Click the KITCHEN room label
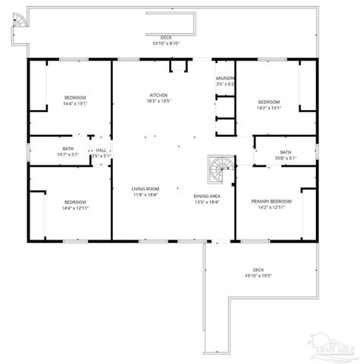pyautogui.click(x=158, y=95)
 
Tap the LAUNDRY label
pyautogui.click(x=225, y=78)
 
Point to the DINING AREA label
pyautogui.click(x=206, y=196)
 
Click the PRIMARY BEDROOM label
pyautogui.click(x=271, y=200)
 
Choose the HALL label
pyautogui.click(x=101, y=150)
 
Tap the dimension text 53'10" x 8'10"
pyautogui.click(x=164, y=43)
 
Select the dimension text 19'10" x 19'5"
pyautogui.click(x=258, y=276)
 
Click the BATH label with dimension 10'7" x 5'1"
pyautogui.click(x=68, y=149)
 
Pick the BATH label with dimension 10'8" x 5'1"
pyautogui.click(x=285, y=152)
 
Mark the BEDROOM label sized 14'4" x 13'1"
pyautogui.click(x=74, y=98)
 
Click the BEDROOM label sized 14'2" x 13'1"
pyautogui.click(x=268, y=102)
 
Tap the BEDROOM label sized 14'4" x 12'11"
pyautogui.click(x=74, y=202)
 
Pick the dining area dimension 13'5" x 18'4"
pyautogui.click(x=206, y=202)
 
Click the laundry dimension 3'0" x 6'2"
pyautogui.click(x=226, y=84)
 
